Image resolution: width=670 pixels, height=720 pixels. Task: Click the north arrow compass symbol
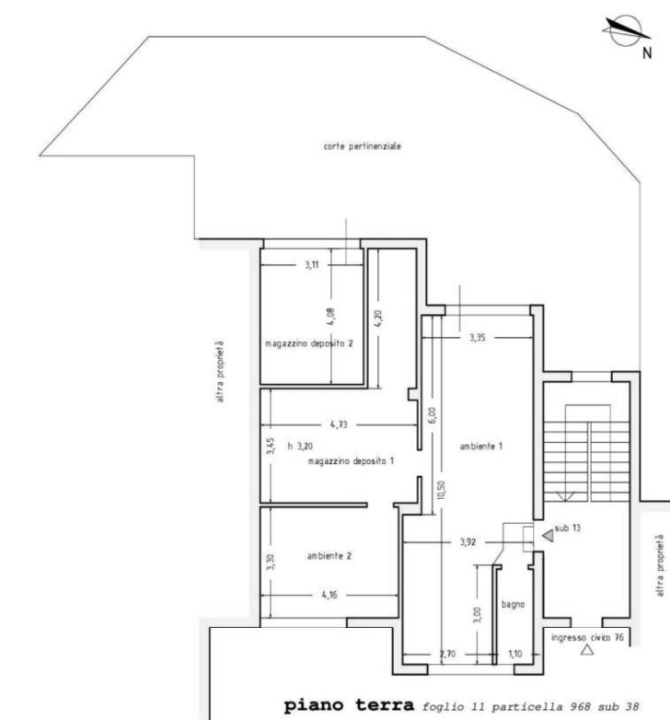(x=625, y=30)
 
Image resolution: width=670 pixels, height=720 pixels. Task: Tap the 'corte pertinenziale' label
(x=362, y=146)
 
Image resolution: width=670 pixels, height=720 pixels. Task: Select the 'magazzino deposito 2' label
(x=309, y=343)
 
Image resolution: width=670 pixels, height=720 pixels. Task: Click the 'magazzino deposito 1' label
(x=351, y=461)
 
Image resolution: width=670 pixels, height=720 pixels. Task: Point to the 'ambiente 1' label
(x=481, y=446)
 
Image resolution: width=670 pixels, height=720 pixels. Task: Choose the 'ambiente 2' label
(x=329, y=556)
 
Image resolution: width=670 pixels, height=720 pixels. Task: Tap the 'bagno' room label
(x=513, y=605)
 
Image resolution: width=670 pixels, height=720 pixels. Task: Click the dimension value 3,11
(x=312, y=265)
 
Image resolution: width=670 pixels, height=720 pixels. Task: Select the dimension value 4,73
(x=339, y=424)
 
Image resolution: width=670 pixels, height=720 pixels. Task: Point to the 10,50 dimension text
(x=441, y=490)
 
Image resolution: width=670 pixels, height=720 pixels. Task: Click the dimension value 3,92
(x=468, y=542)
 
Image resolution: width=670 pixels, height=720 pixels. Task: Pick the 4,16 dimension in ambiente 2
(x=329, y=595)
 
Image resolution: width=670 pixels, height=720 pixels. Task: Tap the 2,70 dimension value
(x=447, y=654)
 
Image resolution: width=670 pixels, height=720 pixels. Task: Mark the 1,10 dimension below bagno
(x=514, y=654)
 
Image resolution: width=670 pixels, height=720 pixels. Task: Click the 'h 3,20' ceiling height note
(x=300, y=446)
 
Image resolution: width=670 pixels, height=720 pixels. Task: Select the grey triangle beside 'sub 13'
(x=548, y=536)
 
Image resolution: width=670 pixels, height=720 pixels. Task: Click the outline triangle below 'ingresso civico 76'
(x=587, y=650)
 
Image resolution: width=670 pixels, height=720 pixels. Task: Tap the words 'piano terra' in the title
(x=349, y=705)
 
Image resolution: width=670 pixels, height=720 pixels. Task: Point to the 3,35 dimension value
(x=478, y=338)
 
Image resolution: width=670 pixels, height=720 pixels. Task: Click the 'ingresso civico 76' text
(x=587, y=638)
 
